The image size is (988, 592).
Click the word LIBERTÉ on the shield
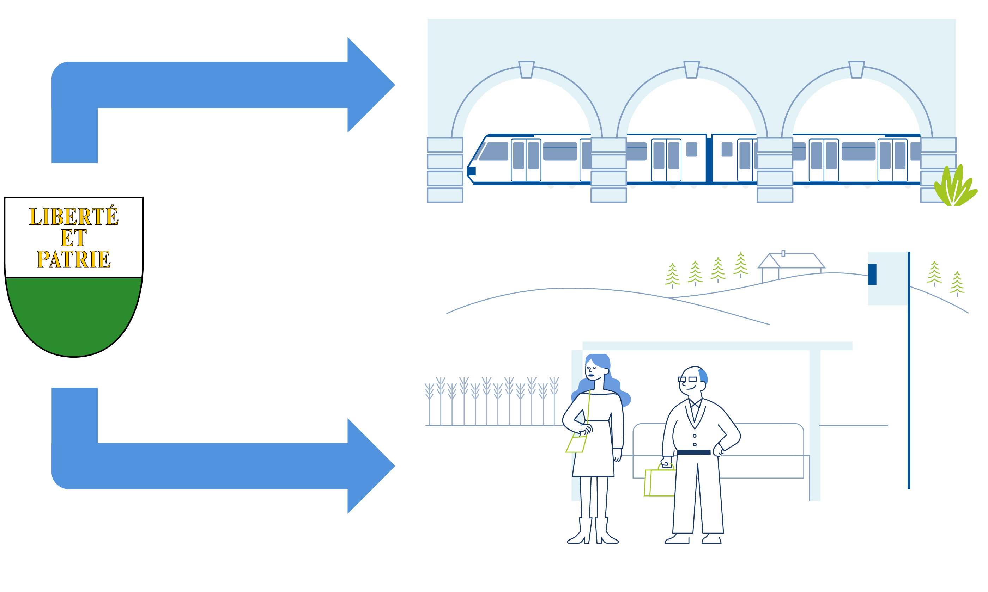click(73, 217)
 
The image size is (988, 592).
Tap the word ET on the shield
click(73, 238)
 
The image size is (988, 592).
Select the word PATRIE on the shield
click(73, 259)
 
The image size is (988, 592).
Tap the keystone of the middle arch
click(691, 70)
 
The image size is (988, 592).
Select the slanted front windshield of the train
click(493, 151)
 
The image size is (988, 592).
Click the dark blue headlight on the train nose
click(472, 171)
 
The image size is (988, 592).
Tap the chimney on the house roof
click(783, 253)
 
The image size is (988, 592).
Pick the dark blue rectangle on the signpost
click(872, 275)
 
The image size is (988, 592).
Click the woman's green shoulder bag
click(576, 444)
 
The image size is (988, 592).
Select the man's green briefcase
click(659, 482)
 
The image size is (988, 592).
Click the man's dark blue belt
click(694, 452)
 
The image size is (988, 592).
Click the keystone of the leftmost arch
click(526, 70)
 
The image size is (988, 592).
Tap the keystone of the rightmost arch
click(856, 70)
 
